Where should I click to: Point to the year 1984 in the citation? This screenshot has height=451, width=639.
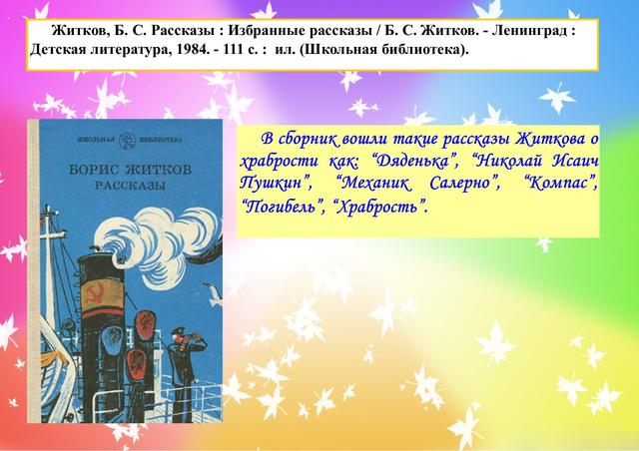pyautogui.click(x=193, y=50)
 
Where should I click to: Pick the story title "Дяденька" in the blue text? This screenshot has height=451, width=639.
pyautogui.click(x=416, y=162)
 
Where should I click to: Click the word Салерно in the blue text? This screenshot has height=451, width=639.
pyautogui.click(x=464, y=184)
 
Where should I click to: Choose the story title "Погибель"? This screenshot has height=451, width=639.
pyautogui.click(x=282, y=207)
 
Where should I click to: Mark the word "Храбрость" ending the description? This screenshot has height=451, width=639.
pyautogui.click(x=379, y=207)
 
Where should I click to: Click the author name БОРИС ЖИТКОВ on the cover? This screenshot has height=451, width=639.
pyautogui.click(x=130, y=169)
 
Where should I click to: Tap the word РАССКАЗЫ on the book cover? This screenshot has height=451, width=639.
pyautogui.click(x=131, y=186)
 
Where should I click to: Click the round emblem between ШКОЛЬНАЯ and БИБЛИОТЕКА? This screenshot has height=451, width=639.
pyautogui.click(x=126, y=140)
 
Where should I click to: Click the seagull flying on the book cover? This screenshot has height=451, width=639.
pyautogui.click(x=213, y=294)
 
